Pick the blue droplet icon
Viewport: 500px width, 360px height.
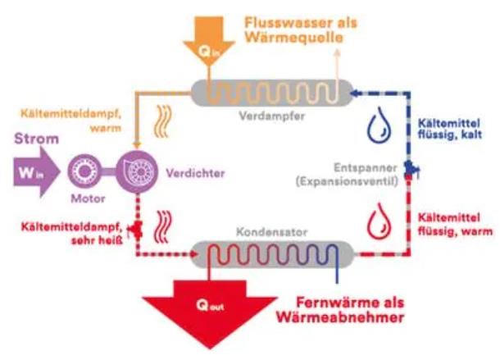(379, 128)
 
